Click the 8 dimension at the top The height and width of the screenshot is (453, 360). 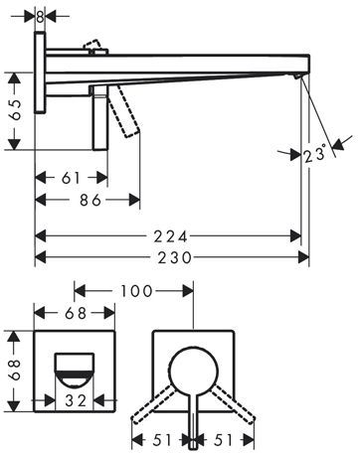coord(40,17)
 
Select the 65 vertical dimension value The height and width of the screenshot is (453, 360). coord(15,109)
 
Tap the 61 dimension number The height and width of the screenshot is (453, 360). coord(71,179)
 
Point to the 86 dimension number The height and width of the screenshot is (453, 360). coord(90,200)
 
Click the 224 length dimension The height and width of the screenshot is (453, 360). coord(171,236)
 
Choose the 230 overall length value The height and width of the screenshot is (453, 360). coord(175,257)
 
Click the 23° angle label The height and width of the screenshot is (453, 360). coord(314,154)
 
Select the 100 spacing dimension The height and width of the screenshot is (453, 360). coord(136,291)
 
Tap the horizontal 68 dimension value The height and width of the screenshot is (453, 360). coord(76,313)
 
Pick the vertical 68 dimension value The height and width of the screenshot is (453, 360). coord(15,370)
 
